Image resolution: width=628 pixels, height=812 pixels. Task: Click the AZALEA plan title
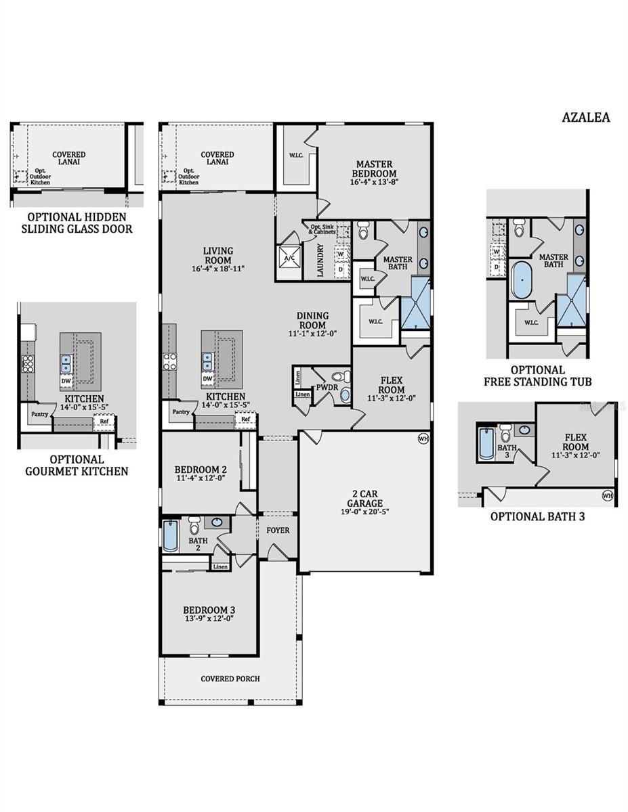pyautogui.click(x=585, y=117)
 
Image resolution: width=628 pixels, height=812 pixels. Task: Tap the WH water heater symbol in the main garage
pyautogui.click(x=423, y=438)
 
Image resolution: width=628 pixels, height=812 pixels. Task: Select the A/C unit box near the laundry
pyautogui.click(x=289, y=258)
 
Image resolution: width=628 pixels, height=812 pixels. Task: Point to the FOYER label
pyautogui.click(x=278, y=530)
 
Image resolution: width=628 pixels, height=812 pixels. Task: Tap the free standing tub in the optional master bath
pyautogui.click(x=523, y=281)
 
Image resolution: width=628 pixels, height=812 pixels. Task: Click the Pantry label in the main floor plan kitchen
pyautogui.click(x=181, y=411)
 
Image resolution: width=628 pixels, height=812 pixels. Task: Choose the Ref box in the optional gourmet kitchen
pyautogui.click(x=104, y=421)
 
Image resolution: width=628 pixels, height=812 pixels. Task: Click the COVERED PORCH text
pyautogui.click(x=230, y=679)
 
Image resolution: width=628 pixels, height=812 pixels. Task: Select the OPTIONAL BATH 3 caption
pyautogui.click(x=537, y=516)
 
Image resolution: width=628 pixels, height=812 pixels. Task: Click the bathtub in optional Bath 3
pyautogui.click(x=486, y=443)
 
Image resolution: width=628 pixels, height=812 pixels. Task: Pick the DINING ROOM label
pyautogui.click(x=312, y=319)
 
